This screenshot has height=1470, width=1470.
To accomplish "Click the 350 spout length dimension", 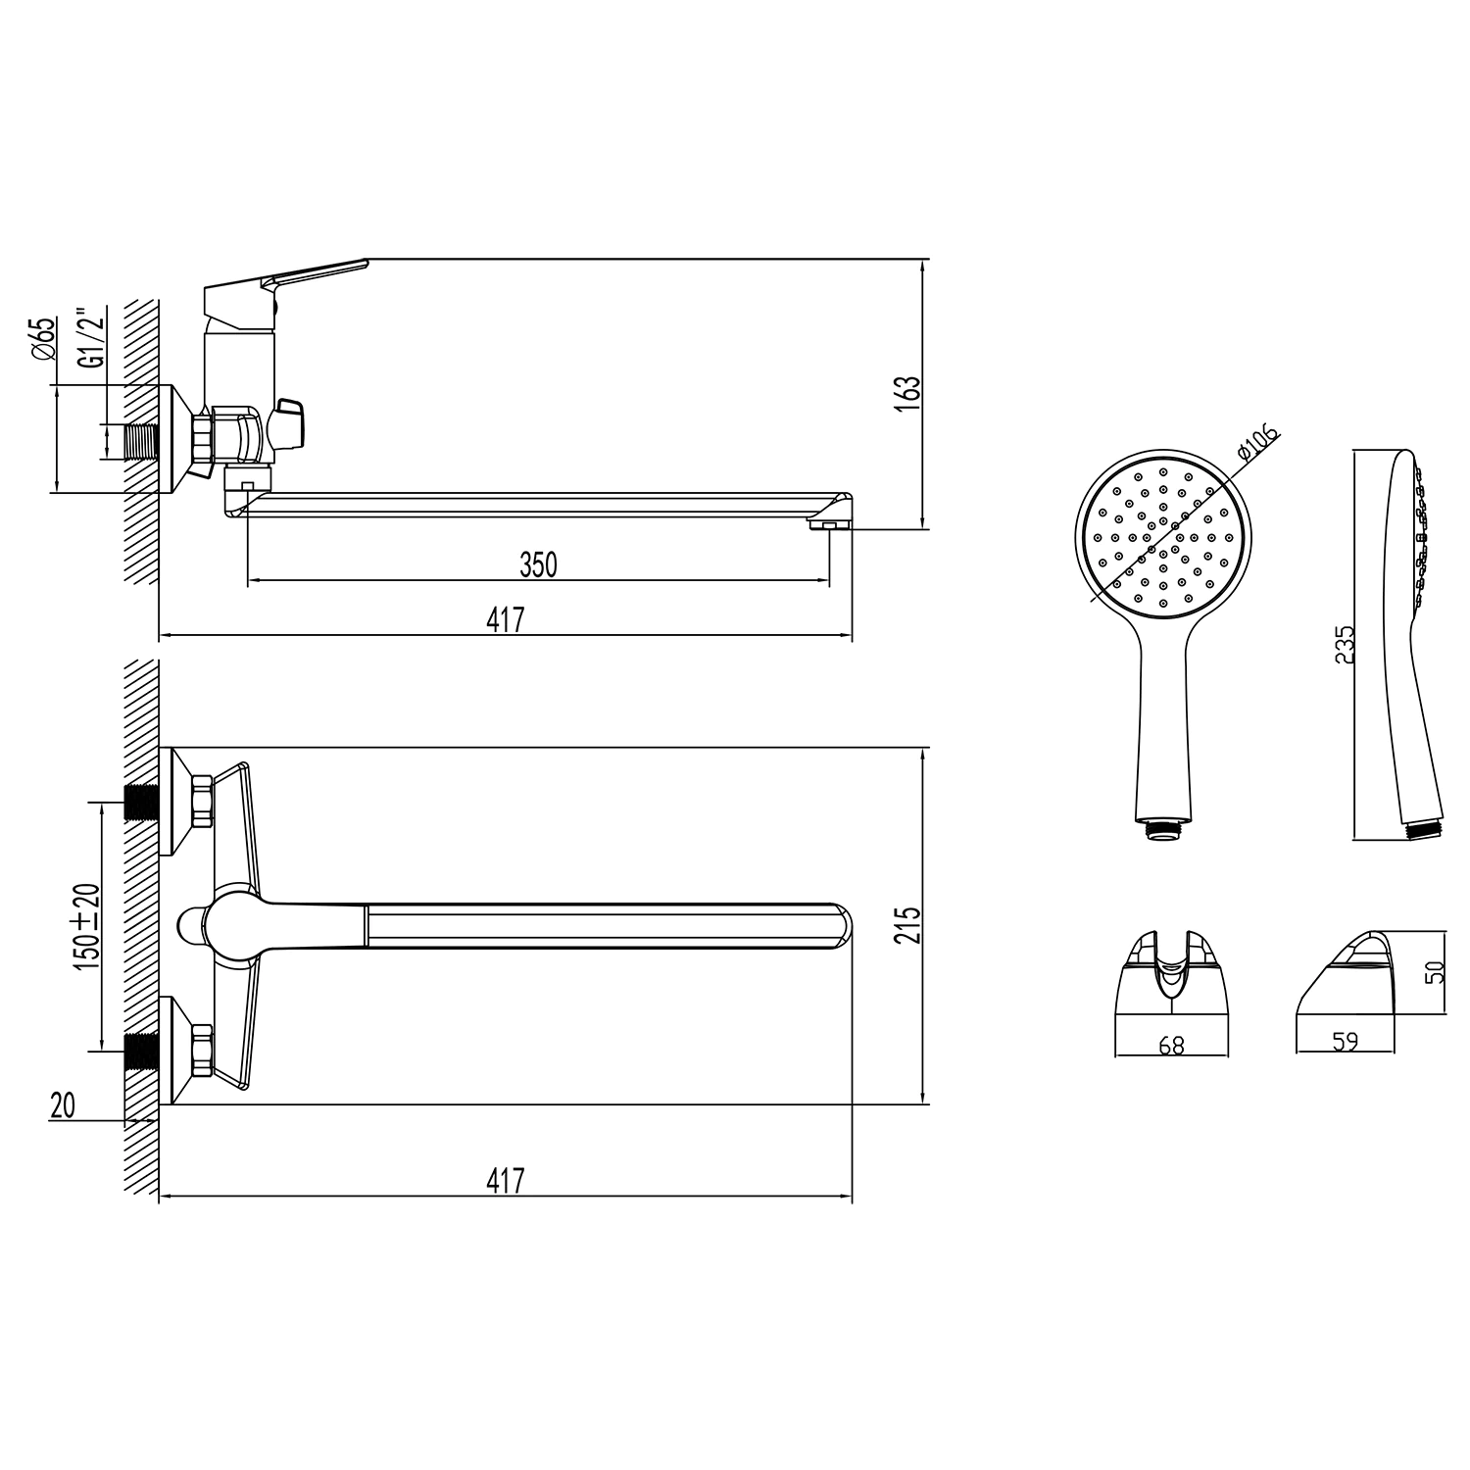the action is coord(538,564).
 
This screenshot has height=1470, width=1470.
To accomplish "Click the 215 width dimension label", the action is coord(909,926).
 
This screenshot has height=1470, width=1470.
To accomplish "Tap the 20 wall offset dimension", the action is coord(63,1105).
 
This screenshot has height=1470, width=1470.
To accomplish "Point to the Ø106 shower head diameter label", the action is coord(1258,443).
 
